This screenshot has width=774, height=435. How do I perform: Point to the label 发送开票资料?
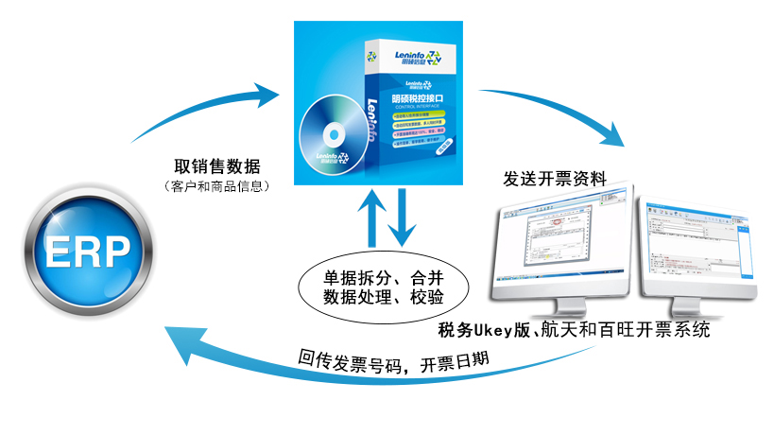(x=555, y=179)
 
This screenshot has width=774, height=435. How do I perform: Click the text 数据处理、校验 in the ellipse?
(x=384, y=298)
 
